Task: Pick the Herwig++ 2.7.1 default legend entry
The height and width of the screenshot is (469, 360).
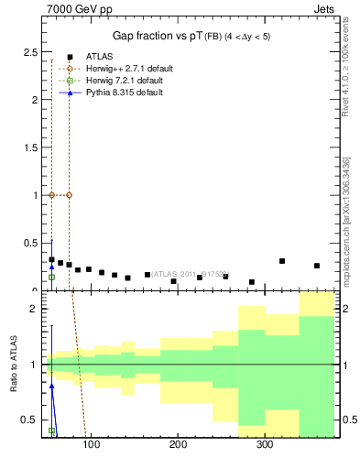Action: click(125, 68)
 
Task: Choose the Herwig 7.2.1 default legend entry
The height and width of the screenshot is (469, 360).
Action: click(124, 81)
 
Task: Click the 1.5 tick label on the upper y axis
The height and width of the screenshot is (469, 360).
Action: click(28, 147)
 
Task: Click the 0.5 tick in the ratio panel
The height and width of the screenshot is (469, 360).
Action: click(28, 420)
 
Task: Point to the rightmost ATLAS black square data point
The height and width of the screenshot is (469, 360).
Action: click(317, 266)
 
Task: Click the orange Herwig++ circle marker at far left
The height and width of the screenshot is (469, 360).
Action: click(52, 195)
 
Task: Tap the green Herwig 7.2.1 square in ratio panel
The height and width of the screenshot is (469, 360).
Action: click(52, 431)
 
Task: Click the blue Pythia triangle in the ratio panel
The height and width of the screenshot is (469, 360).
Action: click(52, 386)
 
